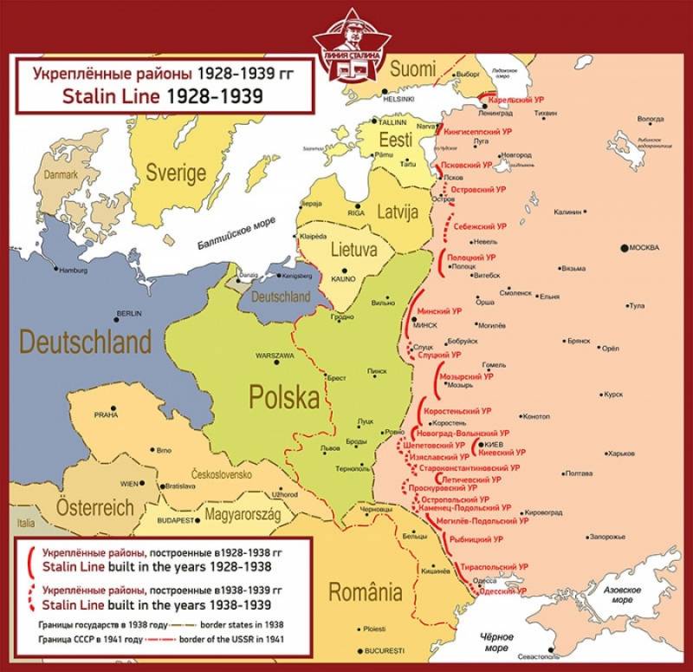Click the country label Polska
[284, 397]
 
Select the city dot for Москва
[624, 249]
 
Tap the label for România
[365, 593]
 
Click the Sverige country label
[176, 171]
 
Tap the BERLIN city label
[128, 313]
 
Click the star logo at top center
[346, 39]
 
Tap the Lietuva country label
[354, 251]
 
